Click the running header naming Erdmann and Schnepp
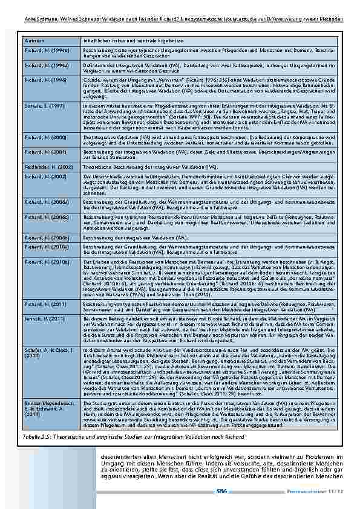(x=182, y=19)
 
